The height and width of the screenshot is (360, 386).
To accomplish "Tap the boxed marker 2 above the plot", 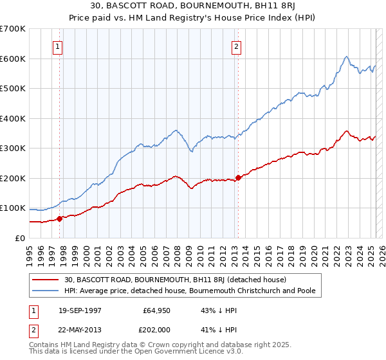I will (237, 46).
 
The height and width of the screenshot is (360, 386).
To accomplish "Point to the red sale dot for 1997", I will (59, 219).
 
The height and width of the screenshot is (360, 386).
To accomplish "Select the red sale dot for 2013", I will (237, 177).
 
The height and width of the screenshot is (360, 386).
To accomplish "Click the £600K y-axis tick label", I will (13, 59).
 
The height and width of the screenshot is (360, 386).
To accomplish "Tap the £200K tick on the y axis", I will (13, 178).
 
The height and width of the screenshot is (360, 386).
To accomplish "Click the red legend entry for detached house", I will (179, 280).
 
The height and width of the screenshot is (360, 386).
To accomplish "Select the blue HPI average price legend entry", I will (189, 291).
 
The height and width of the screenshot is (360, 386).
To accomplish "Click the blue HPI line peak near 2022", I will (346, 57).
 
